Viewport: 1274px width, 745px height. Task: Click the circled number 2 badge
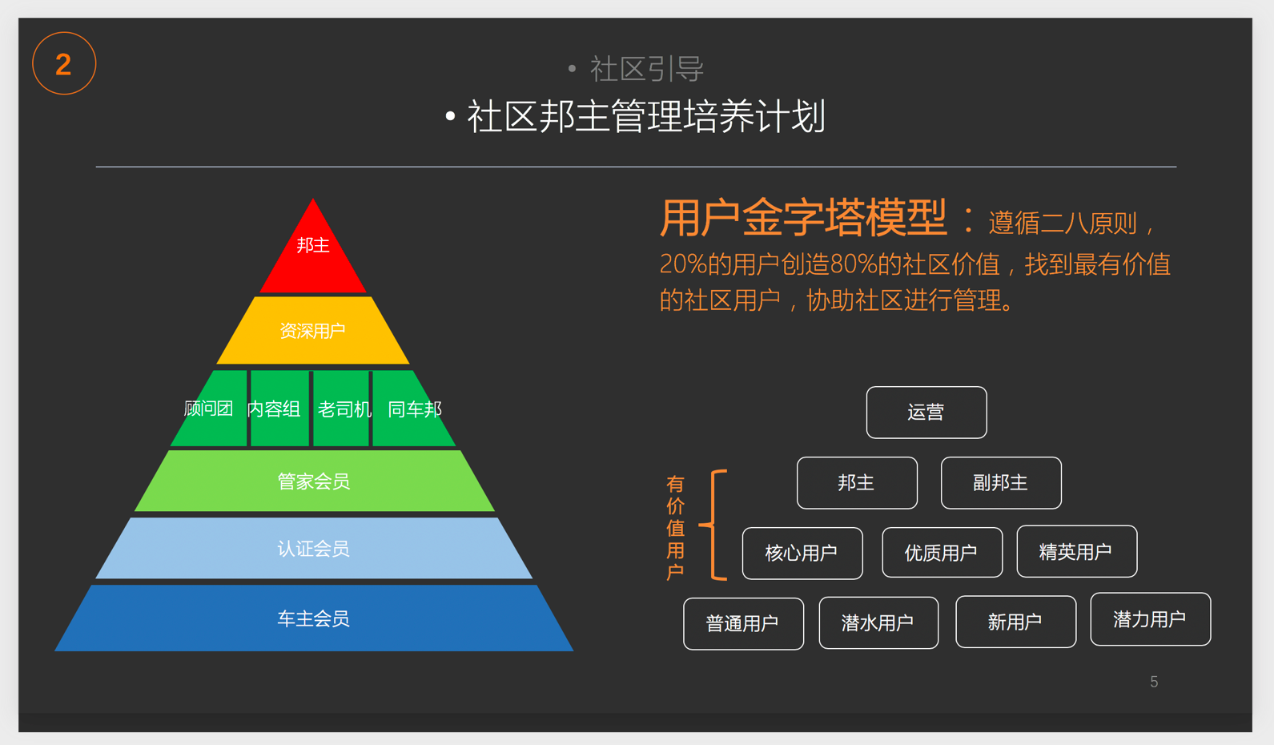[x=64, y=63]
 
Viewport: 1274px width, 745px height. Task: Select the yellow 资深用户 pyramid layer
[x=313, y=331]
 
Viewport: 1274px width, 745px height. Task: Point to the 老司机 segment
[x=343, y=409]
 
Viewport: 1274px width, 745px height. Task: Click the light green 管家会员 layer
[x=313, y=481]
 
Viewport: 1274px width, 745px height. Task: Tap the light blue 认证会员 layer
[x=313, y=549]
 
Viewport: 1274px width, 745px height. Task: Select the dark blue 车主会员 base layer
[x=313, y=618]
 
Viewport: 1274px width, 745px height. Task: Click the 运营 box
[x=926, y=413]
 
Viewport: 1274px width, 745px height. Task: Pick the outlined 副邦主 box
[x=1001, y=483]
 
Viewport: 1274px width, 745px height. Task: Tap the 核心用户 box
[x=802, y=554]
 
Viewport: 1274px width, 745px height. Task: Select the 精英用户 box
[x=1076, y=552]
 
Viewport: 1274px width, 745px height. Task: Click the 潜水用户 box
[x=878, y=622]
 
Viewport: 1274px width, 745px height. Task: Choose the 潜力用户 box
[x=1150, y=619]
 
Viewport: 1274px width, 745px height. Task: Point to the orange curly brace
[x=714, y=525]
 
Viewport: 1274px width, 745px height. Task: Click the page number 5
[x=1154, y=682]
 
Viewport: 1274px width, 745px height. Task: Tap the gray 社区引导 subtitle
[x=646, y=69]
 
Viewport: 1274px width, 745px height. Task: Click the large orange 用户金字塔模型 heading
[x=803, y=218]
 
